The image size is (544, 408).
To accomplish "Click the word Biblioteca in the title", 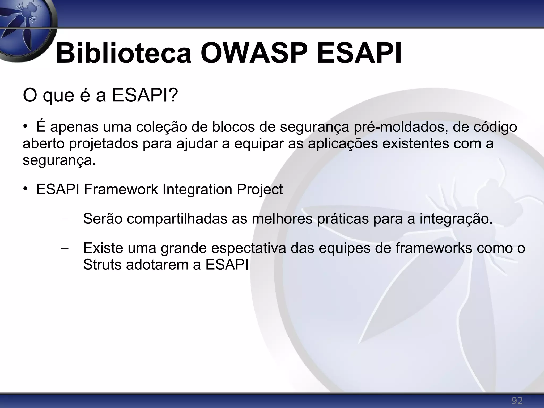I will pyautogui.click(x=124, y=54).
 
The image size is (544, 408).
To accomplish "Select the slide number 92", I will pyautogui.click(x=517, y=400).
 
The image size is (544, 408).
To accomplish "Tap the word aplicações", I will pyautogui.click(x=343, y=144).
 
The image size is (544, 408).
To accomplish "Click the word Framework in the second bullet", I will pyautogui.click(x=121, y=189).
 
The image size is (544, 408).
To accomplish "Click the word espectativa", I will pyautogui.click(x=248, y=248).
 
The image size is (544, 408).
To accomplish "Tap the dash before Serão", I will pyautogui.click(x=65, y=219).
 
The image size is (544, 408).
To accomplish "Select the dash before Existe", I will pyautogui.click(x=65, y=248).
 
